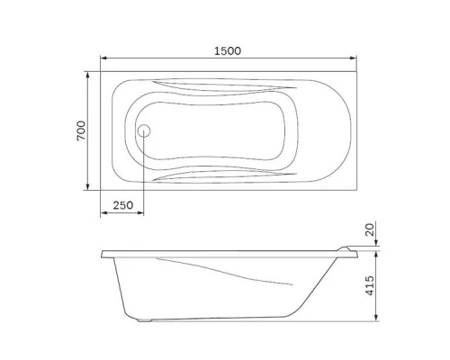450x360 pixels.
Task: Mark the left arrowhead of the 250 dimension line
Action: [103, 214]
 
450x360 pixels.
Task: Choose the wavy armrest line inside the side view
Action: [225, 267]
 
